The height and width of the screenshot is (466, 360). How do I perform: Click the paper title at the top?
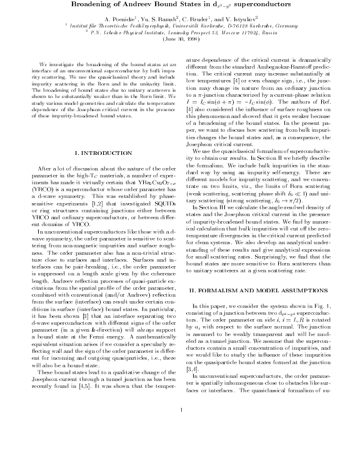(x=180, y=5)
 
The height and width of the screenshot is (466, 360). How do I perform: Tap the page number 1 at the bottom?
(x=180, y=445)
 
